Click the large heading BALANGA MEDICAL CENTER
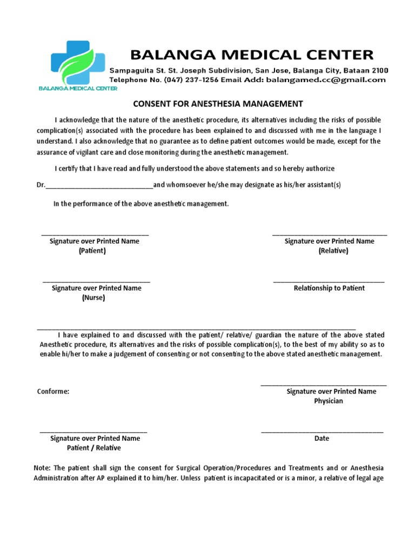pos(251,55)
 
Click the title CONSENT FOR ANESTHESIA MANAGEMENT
pos(218,104)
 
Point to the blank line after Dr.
pos(99,186)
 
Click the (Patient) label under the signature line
pos(92,251)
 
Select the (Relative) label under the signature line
pos(333,251)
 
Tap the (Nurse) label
pos(93,298)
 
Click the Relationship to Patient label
pos(329,288)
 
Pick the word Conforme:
pos(53,392)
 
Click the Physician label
pos(329,401)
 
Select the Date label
pos(322,439)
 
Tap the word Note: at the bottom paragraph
pos(42,468)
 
